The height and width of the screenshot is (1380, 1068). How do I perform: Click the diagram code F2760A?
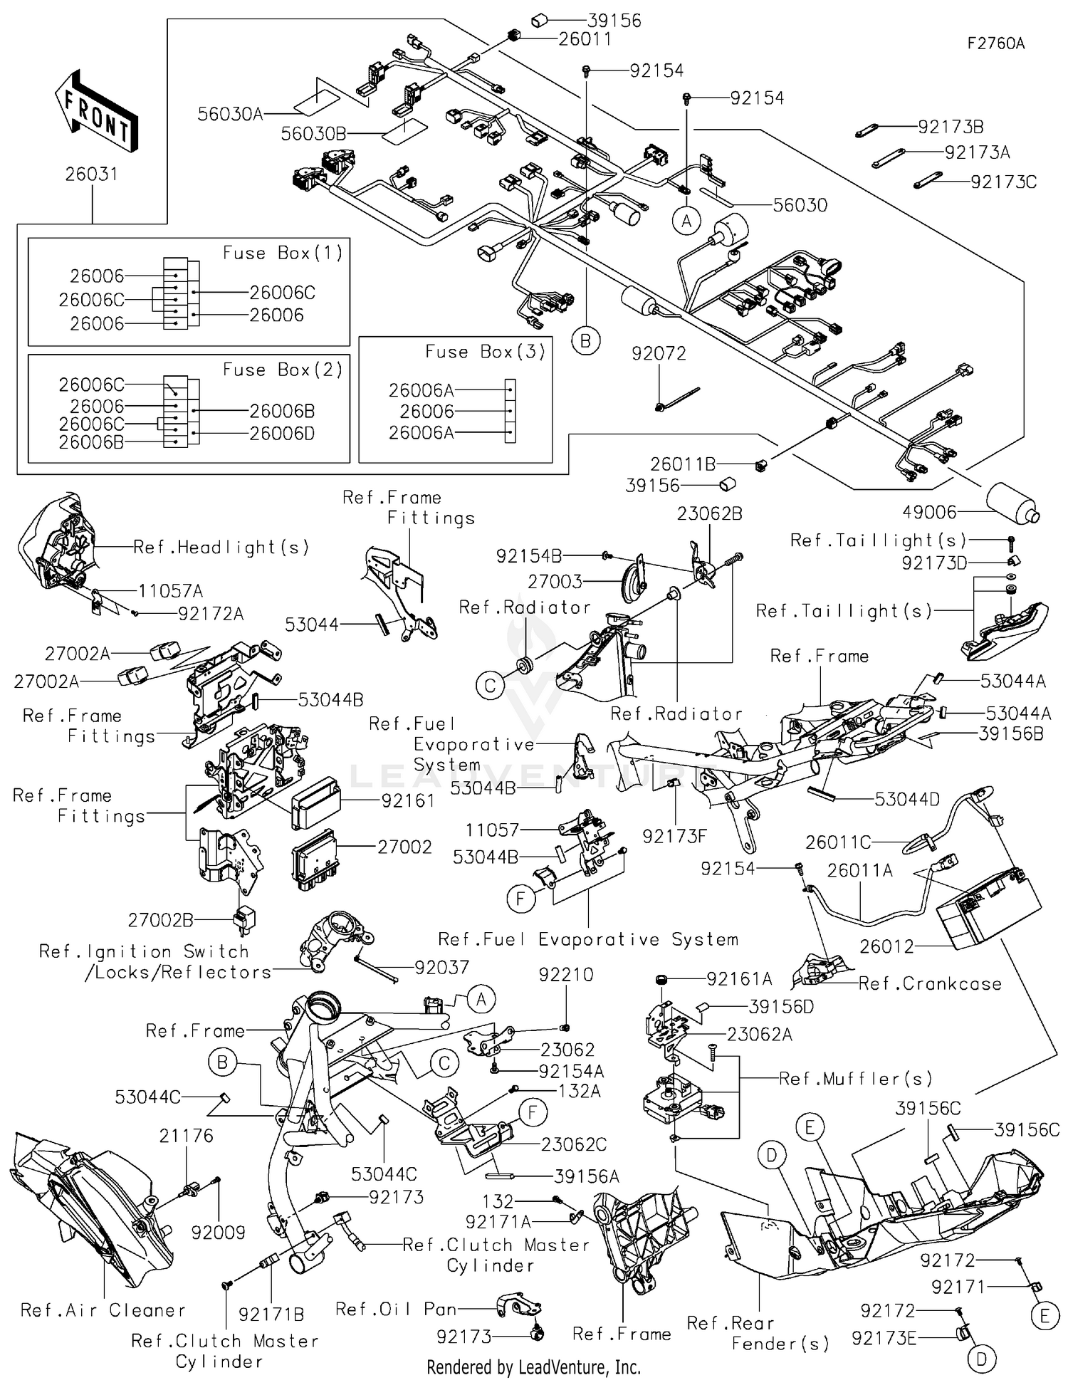pos(995,43)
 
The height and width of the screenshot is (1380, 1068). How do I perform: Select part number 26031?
pos(91,174)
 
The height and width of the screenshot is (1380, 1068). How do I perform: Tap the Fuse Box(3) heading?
pos(485,352)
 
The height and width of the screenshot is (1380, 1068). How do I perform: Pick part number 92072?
pos(659,353)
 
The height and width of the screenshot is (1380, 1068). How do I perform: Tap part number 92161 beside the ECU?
pos(408,800)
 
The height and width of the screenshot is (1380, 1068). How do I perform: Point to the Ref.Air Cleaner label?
pos(103,1310)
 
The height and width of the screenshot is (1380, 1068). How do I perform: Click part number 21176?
pos(186,1136)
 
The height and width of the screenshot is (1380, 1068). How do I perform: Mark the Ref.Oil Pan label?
pos(396,1309)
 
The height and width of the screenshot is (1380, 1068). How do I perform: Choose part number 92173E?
pos(884,1339)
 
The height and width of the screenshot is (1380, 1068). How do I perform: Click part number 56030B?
pos(313,133)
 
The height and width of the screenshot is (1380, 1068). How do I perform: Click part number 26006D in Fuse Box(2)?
pos(282,433)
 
